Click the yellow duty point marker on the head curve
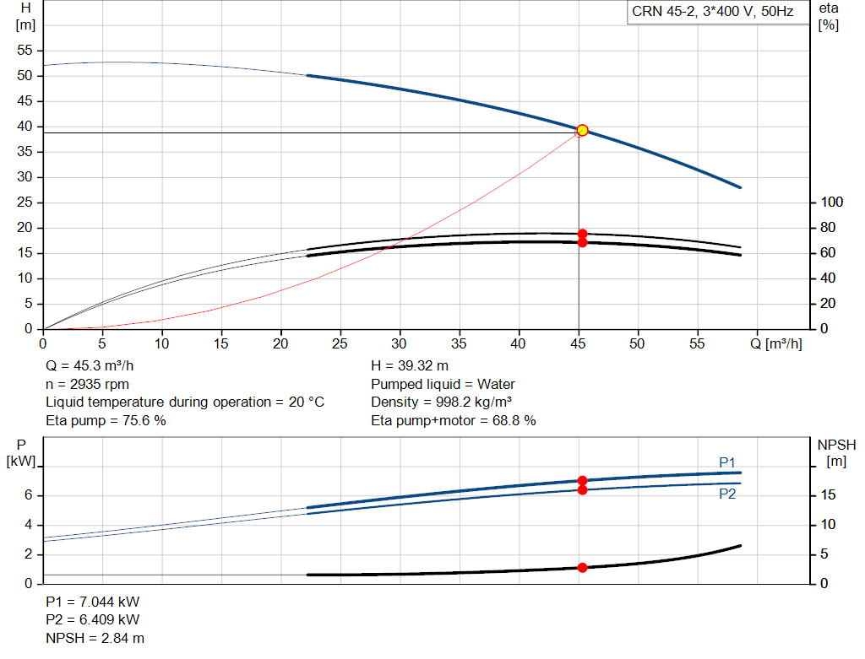(x=582, y=131)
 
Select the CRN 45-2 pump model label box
(x=718, y=12)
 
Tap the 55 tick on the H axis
(x=24, y=50)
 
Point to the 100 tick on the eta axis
(x=832, y=203)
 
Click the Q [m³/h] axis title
(x=776, y=343)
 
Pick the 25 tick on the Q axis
(x=340, y=343)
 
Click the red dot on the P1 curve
(x=583, y=480)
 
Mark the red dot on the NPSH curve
(x=583, y=568)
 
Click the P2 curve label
(x=727, y=494)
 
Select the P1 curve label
(x=727, y=462)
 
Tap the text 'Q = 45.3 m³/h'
(x=90, y=366)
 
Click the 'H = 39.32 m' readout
(x=410, y=366)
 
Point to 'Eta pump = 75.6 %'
(x=106, y=420)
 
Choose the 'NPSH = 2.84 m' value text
(x=95, y=638)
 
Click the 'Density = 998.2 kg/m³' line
(x=441, y=402)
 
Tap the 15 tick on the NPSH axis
(x=828, y=494)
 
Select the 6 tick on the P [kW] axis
(x=28, y=494)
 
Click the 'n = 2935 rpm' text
(x=87, y=384)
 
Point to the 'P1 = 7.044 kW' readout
(x=93, y=602)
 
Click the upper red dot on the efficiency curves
(x=583, y=234)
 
